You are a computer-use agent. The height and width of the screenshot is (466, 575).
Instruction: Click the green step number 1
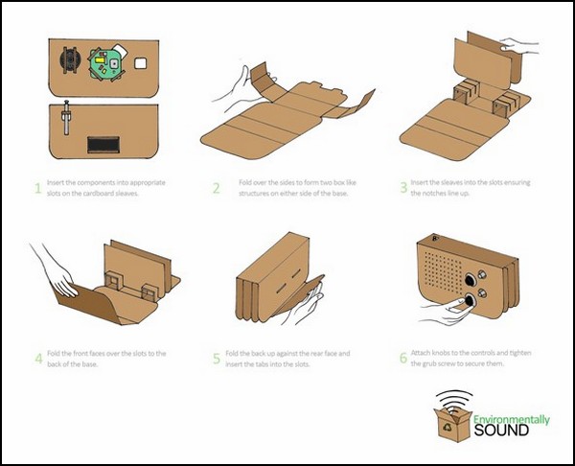[38, 188]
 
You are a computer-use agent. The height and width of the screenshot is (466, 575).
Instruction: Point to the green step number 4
[38, 360]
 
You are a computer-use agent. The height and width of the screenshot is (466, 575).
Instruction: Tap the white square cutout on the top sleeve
[141, 62]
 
